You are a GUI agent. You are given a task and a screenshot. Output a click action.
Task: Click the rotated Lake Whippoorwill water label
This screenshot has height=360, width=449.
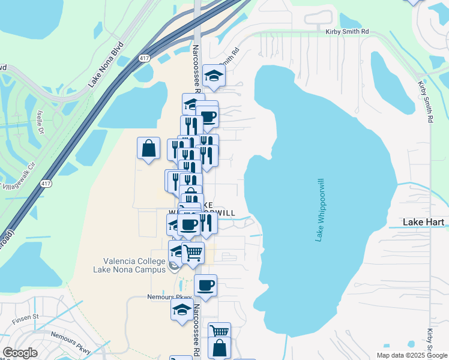click(x=320, y=210)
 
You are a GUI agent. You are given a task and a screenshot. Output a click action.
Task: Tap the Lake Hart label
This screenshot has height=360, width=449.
click(x=423, y=222)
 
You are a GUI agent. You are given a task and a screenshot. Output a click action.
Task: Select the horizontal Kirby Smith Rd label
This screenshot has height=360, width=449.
click(x=347, y=32)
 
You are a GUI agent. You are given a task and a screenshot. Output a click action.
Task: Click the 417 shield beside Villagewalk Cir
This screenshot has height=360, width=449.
click(x=46, y=185)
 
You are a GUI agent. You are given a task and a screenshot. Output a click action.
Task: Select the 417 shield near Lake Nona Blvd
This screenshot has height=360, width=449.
click(x=143, y=58)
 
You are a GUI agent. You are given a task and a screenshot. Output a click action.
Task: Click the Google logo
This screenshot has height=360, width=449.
click(x=20, y=353)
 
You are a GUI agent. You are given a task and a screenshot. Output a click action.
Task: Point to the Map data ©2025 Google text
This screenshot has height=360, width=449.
click(x=411, y=355)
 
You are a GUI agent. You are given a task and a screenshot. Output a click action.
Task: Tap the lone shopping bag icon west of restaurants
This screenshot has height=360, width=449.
click(x=148, y=148)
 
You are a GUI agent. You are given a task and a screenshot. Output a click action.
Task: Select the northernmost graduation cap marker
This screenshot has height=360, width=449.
click(x=213, y=76)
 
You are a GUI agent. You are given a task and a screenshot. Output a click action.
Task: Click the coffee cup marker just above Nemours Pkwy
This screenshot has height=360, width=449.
click(x=205, y=286)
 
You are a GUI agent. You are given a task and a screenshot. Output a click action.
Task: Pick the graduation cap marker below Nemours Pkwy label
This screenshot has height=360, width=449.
click(x=181, y=310)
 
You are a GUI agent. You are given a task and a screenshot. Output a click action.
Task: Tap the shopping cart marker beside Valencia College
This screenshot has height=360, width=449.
click(x=193, y=253)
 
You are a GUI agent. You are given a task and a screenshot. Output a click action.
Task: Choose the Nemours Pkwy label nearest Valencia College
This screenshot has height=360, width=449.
click(x=169, y=297)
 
